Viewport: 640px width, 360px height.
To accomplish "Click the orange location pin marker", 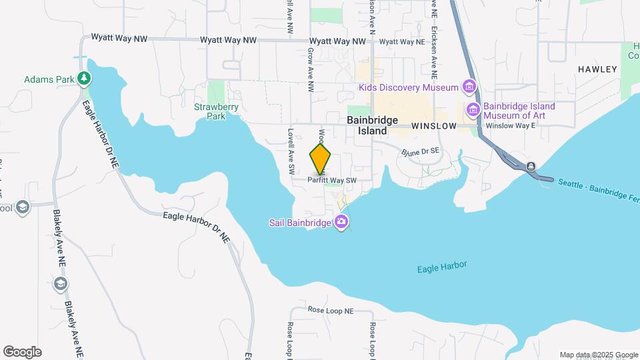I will (321, 159).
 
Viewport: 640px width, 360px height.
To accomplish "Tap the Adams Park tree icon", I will (83, 79).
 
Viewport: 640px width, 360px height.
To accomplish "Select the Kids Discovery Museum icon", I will (469, 87).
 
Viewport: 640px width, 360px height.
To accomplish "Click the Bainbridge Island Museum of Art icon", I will (473, 110).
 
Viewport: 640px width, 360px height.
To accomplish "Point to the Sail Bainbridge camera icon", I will (342, 222).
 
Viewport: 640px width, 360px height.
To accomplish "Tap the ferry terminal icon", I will (530, 166).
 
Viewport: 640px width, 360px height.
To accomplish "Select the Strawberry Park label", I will (211, 111).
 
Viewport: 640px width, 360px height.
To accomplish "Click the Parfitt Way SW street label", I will (333, 180).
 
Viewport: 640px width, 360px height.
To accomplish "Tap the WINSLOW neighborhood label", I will (433, 126).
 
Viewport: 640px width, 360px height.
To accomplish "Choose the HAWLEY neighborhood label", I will (593, 69).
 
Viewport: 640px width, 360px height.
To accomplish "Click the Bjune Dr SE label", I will (421, 153).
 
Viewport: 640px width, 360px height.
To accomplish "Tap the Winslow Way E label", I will (511, 125).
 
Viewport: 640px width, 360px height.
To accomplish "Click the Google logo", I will (22, 352).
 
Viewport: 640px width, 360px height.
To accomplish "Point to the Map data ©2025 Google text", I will (598, 355).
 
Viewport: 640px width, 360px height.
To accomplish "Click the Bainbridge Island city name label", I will (372, 125).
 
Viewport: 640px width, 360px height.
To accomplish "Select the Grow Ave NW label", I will (310, 69).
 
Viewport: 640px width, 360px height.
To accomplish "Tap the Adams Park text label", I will (49, 79).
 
